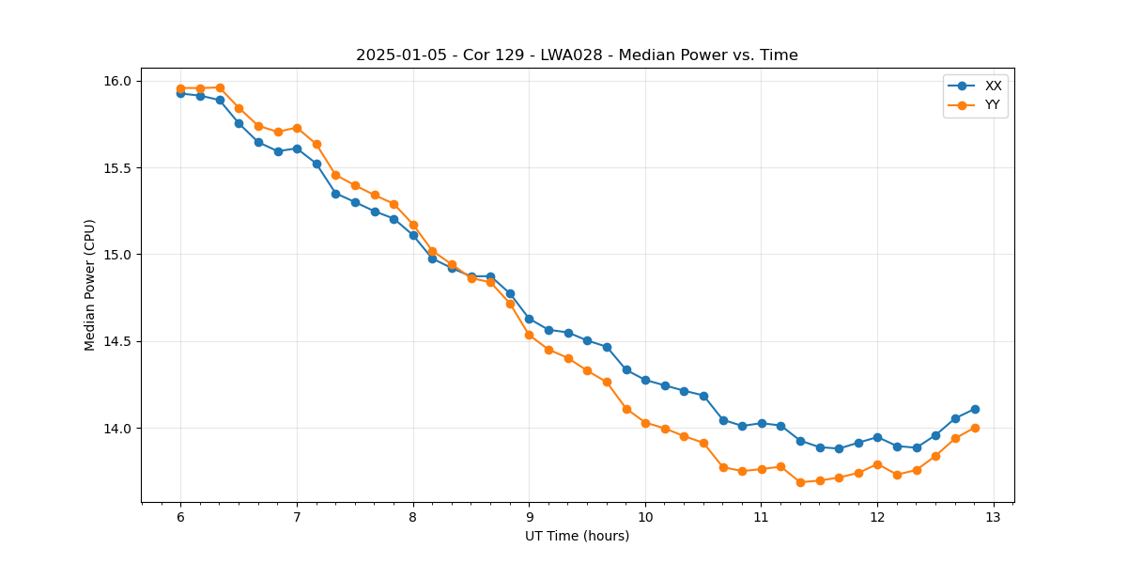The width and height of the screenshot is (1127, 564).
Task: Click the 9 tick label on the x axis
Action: point(529,517)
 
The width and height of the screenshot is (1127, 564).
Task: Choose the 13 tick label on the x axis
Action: point(994,517)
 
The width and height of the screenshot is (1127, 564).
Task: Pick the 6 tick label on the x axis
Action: point(180,517)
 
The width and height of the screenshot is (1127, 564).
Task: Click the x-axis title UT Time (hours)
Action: point(577,536)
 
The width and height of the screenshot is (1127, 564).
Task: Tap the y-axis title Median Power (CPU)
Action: point(90,285)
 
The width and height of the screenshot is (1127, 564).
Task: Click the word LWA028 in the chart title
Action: point(579,55)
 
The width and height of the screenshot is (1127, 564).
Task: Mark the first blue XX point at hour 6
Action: point(180,93)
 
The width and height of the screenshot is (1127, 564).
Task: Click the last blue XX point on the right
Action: point(975,409)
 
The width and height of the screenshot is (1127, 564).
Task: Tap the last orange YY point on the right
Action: point(975,428)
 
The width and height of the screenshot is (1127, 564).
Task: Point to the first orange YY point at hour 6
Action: point(180,88)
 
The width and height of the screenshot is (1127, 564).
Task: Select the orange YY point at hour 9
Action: point(529,335)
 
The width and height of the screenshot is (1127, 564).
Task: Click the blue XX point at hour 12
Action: point(877,437)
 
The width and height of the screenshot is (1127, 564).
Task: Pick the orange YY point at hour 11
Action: point(762,469)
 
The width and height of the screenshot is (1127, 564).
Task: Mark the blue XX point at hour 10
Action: point(645,380)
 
